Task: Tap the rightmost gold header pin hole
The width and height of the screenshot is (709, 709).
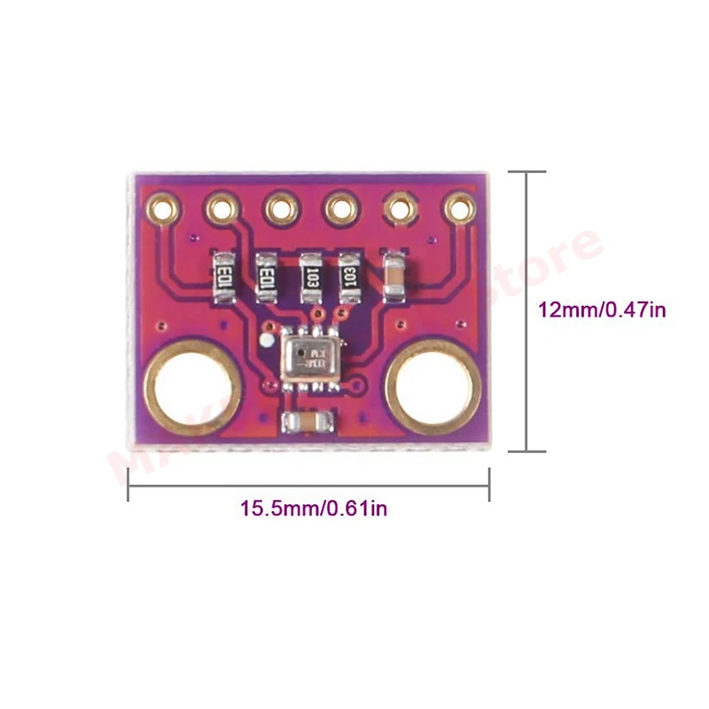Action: (x=459, y=208)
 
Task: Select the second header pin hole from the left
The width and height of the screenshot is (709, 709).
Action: (x=222, y=209)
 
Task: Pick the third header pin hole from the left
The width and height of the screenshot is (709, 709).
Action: (x=281, y=209)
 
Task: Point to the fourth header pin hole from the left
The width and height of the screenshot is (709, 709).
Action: (x=340, y=209)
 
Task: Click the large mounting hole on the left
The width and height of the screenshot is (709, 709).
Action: (x=191, y=389)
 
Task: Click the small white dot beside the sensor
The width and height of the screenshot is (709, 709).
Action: (x=265, y=339)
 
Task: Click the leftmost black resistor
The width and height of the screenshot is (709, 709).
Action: (x=226, y=276)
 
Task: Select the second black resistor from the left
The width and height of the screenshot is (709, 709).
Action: (x=267, y=276)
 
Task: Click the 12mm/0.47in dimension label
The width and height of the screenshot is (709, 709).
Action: (x=603, y=310)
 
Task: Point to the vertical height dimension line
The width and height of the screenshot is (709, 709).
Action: (x=529, y=310)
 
